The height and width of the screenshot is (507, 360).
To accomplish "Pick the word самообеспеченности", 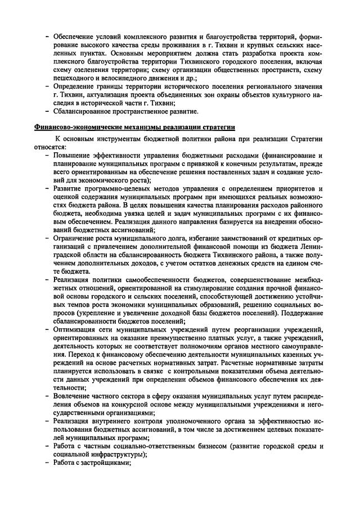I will point(154,280).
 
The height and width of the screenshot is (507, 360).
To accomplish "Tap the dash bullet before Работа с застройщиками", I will point(47,463).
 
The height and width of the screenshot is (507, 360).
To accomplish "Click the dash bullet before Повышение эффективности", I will point(47,155).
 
